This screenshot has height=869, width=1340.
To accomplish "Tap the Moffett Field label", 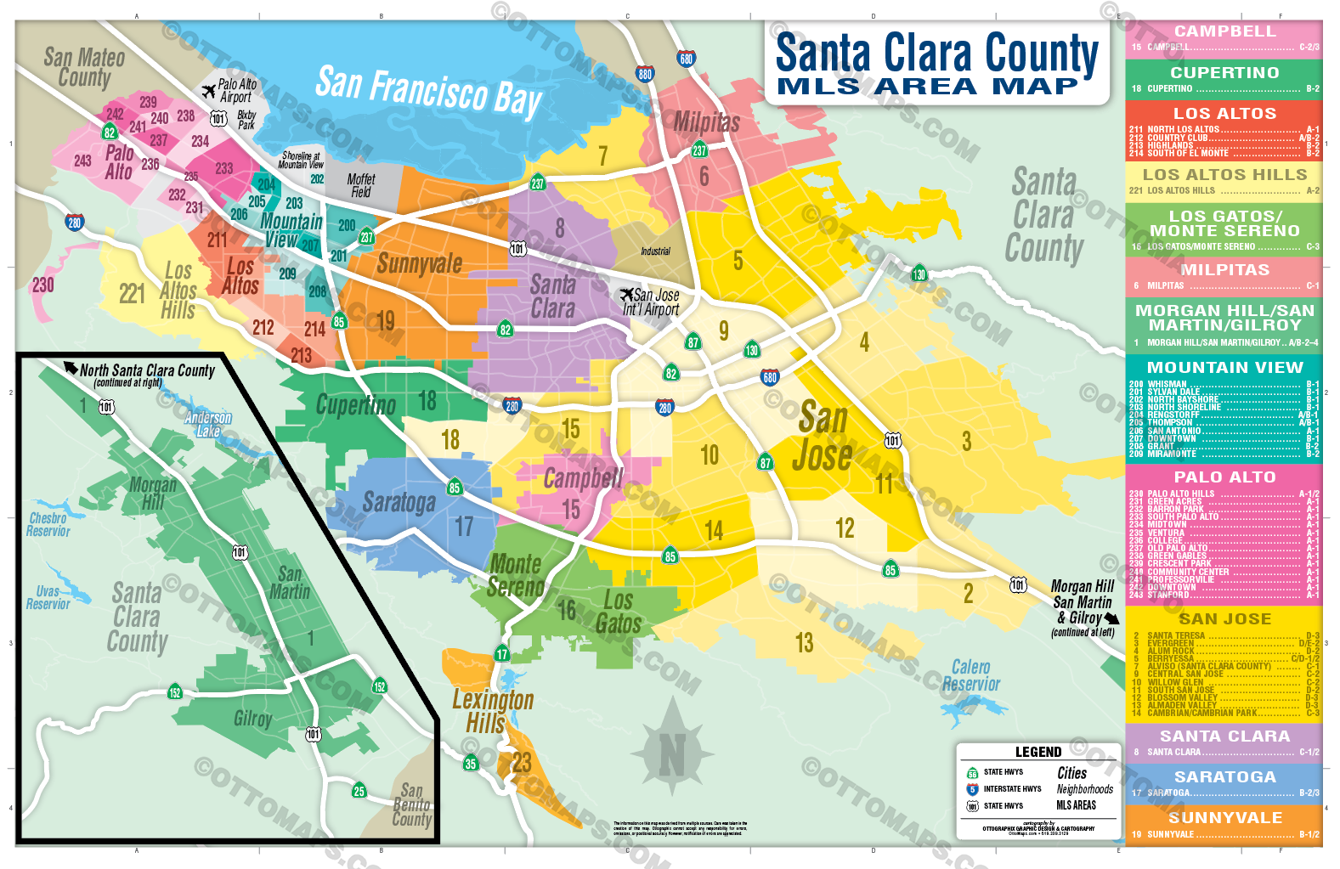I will (x=361, y=185).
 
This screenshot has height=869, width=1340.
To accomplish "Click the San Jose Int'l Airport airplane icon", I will (x=627, y=295).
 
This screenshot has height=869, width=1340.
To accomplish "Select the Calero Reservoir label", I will (x=971, y=676).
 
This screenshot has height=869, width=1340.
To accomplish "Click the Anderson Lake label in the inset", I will (x=208, y=424).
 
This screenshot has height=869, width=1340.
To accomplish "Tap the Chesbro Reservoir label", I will (x=48, y=524).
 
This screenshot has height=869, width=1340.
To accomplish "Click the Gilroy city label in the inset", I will (x=253, y=719).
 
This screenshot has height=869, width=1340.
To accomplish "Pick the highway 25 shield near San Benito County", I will (x=359, y=791).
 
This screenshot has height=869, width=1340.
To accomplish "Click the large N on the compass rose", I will (x=672, y=754).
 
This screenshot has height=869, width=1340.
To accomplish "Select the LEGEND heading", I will (x=1038, y=752).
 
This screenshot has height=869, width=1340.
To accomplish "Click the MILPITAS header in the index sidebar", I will (x=1224, y=269).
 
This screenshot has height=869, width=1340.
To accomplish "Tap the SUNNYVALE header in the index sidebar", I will (x=1224, y=817).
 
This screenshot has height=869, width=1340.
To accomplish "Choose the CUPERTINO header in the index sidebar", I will (x=1224, y=72).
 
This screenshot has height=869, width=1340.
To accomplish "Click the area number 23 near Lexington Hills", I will (x=521, y=763).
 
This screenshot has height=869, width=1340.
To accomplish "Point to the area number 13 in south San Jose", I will (x=804, y=643).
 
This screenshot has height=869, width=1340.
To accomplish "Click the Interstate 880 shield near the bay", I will (x=645, y=74).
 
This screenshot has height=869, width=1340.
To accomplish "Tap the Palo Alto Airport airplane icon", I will (x=208, y=91).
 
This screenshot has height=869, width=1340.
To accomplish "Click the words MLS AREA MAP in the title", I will (x=927, y=87).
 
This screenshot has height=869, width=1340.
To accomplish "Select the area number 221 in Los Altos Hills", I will (x=132, y=294).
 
